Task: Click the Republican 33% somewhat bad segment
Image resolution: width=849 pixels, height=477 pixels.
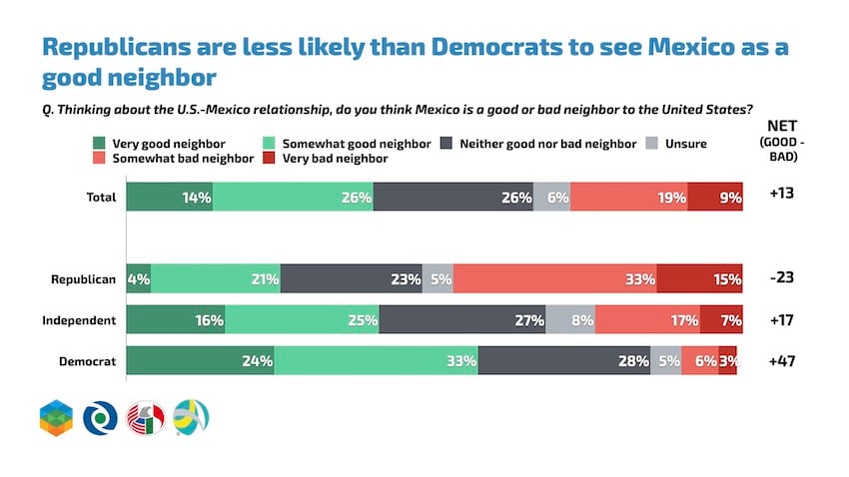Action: click(x=555, y=279)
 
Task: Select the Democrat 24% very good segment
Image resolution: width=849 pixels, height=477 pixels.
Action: click(x=200, y=361)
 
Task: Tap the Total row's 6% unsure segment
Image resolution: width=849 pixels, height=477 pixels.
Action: click(x=551, y=198)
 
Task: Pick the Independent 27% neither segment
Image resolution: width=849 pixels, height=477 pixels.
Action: click(x=462, y=320)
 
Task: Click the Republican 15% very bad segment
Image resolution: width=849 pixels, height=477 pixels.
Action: click(x=699, y=279)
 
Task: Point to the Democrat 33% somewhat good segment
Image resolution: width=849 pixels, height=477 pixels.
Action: click(x=377, y=361)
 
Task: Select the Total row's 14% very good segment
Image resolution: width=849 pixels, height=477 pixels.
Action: click(x=169, y=198)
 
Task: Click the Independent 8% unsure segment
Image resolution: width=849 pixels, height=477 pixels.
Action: click(x=570, y=320)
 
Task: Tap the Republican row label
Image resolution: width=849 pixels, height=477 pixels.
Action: click(x=85, y=280)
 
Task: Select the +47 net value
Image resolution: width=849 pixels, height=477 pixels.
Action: click(x=781, y=362)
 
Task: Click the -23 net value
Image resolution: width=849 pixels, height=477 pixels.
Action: click(x=781, y=280)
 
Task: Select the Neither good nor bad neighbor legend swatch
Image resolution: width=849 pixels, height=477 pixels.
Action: click(x=445, y=144)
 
